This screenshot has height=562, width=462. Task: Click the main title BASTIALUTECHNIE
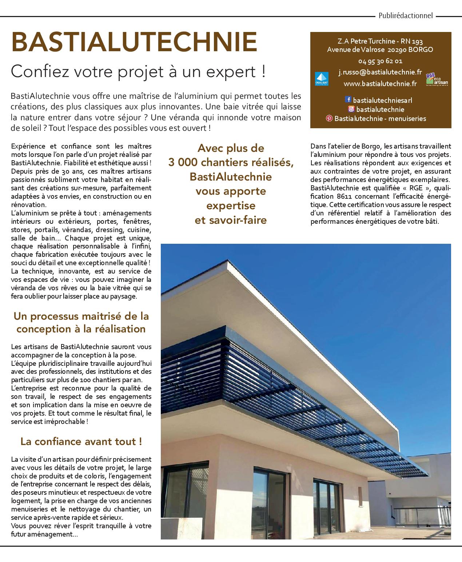coord(134,42)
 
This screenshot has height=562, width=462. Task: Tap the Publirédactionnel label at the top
coord(406,16)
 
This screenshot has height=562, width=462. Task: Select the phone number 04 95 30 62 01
coord(380,61)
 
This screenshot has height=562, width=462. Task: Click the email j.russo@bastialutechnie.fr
coord(380,72)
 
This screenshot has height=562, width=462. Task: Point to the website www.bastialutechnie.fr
coord(380,84)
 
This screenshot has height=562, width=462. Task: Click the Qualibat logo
coord(322,79)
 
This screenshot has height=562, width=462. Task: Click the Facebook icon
coord(348,100)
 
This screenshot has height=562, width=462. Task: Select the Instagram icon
coord(351,109)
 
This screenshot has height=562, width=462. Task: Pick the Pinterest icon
coord(329,118)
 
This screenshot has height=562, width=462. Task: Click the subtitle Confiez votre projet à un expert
coord(138,71)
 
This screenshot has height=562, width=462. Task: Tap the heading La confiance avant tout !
coord(81,441)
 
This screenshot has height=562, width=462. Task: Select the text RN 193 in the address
coord(412,41)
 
